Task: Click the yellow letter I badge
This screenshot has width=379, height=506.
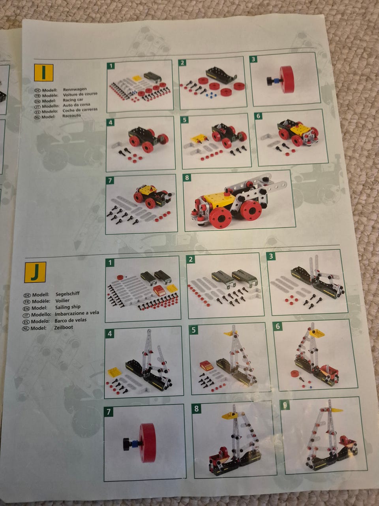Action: pyautogui.click(x=44, y=73)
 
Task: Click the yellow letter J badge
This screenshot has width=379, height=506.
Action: pyautogui.click(x=35, y=272)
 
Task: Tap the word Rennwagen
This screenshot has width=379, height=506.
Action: pyautogui.click(x=75, y=89)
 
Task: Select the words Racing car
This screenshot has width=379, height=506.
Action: pyautogui.click(x=73, y=100)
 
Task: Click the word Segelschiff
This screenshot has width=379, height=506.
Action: pyautogui.click(x=68, y=294)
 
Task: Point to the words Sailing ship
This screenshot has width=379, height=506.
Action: pyautogui.click(x=68, y=307)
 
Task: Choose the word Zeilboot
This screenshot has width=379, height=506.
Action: pyautogui.click(x=64, y=327)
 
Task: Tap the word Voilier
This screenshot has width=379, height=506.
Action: pyautogui.click(x=62, y=300)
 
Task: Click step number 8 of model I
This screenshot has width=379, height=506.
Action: pyautogui.click(x=187, y=177)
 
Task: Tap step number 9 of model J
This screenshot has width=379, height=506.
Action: pyautogui.click(x=285, y=405)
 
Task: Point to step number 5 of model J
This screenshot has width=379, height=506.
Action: pyautogui.click(x=193, y=330)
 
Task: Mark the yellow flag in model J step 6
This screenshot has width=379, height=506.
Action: pyautogui.click(x=317, y=333)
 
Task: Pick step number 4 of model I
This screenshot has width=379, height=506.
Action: pyautogui.click(x=111, y=122)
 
